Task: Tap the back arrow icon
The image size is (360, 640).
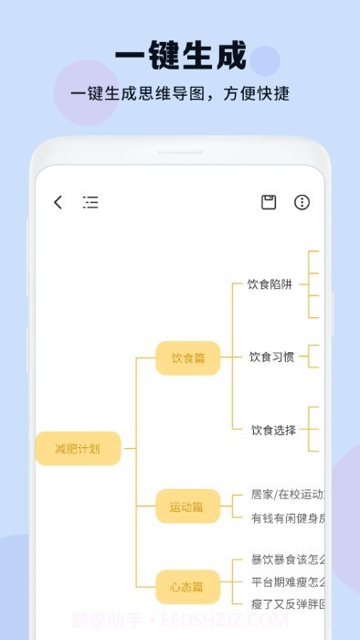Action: pos(58,202)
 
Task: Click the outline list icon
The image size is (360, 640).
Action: pos(90,202)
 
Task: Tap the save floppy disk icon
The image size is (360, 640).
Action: pos(269,202)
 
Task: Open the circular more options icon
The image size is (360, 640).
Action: pos(302,202)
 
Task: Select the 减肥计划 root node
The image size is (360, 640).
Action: pos(78,448)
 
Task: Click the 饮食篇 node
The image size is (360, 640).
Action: pos(187,357)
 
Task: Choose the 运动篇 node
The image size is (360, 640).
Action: pos(186,507)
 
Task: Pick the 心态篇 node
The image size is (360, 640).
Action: pos(186,586)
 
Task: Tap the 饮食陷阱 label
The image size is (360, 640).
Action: pos(270,284)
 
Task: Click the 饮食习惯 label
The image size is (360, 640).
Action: pos(272,357)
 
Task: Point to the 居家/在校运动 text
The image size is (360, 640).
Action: pos(287,495)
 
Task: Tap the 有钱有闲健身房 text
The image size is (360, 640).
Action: pos(287,518)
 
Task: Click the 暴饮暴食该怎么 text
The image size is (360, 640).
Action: pos(287,560)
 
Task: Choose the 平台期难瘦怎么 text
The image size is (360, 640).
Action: pos(287,581)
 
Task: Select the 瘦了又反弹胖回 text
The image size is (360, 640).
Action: pos(287,603)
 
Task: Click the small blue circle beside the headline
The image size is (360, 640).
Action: pos(264,60)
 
